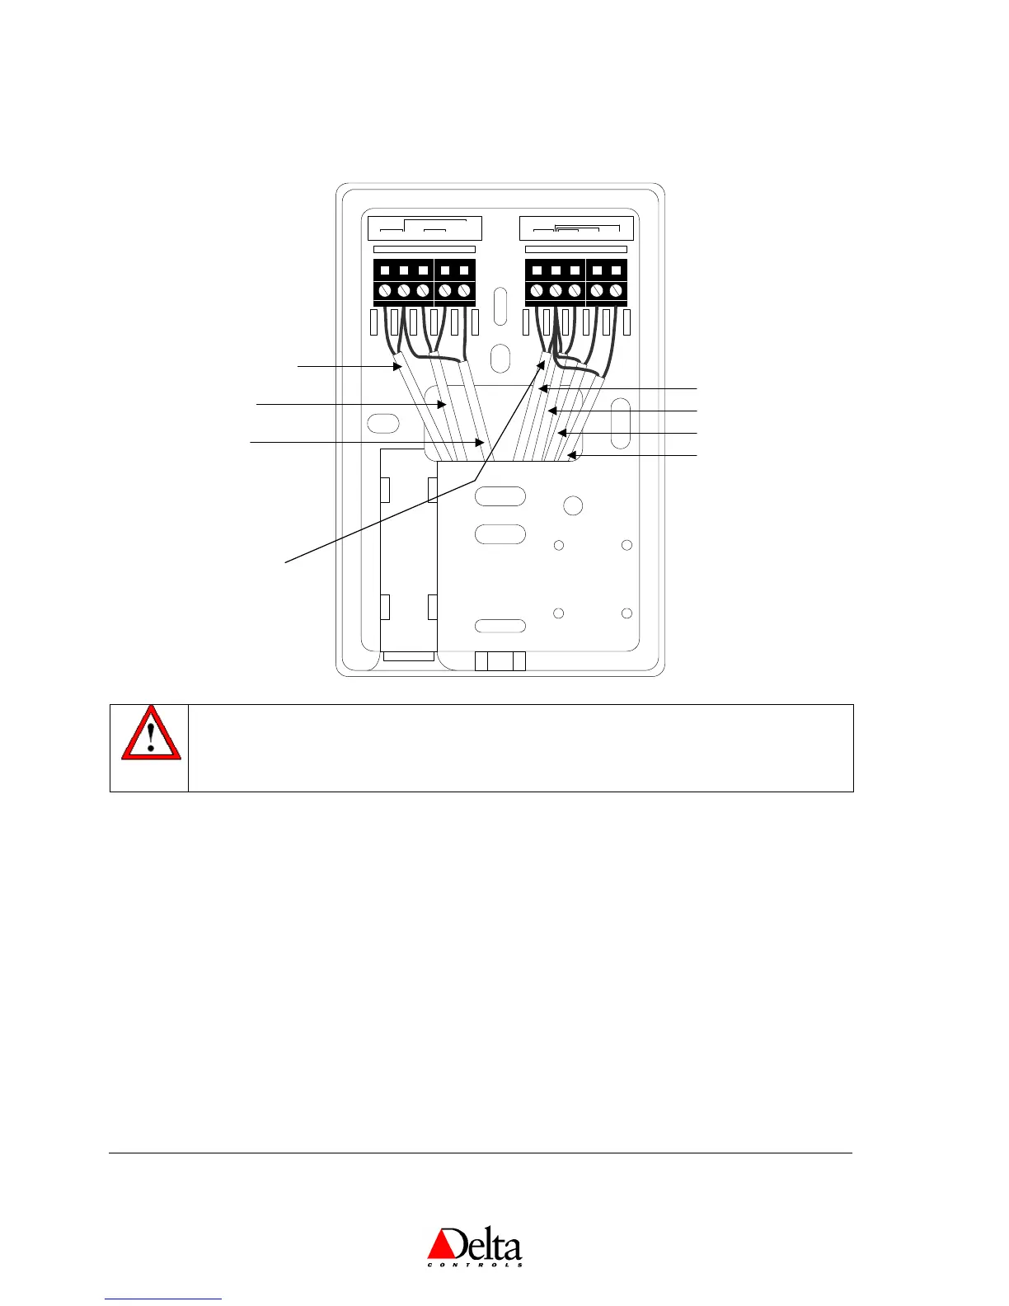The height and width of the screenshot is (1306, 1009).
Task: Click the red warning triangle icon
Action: point(151,733)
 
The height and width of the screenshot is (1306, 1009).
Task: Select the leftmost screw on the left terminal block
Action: point(385,291)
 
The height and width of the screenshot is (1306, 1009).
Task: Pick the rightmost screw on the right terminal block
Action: point(615,291)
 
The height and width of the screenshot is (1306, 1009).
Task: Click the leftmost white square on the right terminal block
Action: point(537,270)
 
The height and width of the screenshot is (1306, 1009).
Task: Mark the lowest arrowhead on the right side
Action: point(570,455)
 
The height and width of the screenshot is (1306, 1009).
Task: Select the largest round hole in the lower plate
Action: point(573,505)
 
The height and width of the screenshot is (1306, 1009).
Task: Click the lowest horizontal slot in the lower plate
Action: point(500,626)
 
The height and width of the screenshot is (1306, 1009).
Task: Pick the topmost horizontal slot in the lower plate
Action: point(500,496)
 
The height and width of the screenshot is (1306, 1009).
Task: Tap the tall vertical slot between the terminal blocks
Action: point(500,305)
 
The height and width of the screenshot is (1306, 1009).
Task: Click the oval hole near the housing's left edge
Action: point(382,424)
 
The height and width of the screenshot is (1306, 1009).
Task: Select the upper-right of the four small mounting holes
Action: point(627,545)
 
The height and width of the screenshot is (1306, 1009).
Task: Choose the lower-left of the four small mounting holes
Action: point(558,613)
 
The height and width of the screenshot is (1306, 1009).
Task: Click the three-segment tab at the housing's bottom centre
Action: point(500,660)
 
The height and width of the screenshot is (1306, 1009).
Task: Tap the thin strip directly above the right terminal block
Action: point(575,249)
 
